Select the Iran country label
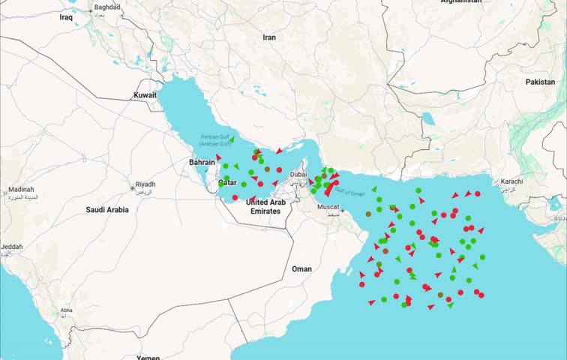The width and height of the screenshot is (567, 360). pos(269,37)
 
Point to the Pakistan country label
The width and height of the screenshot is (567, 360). pos(540,81)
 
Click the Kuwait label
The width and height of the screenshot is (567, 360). pos(145,95)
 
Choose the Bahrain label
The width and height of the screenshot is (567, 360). pos(202,162)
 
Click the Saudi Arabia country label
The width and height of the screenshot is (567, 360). pos(107,210)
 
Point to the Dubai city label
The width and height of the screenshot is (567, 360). pos(298,174)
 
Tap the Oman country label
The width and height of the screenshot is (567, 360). pos(301,268)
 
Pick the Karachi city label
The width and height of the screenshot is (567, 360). pos(511,181)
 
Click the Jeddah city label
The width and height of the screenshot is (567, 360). pos(11,247)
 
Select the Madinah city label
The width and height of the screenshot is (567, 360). pos(20,190)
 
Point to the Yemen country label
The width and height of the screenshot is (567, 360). pos(148,357)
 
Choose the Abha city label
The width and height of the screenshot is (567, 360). pos(66,310)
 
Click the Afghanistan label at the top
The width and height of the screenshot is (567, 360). pos(460,2)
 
